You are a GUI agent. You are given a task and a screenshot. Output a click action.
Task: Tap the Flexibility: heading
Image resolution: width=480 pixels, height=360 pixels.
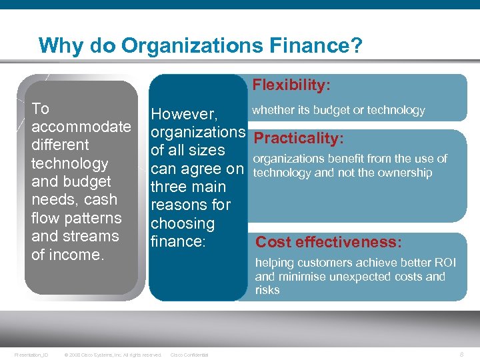pyautogui.click(x=291, y=85)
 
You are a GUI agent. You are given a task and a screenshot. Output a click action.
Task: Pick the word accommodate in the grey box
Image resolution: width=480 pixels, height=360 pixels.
pyautogui.click(x=81, y=127)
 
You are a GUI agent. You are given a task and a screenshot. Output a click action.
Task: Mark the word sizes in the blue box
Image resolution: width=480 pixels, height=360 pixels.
pyautogui.click(x=205, y=150)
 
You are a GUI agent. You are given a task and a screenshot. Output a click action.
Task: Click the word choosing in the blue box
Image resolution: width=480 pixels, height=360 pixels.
pyautogui.click(x=183, y=223)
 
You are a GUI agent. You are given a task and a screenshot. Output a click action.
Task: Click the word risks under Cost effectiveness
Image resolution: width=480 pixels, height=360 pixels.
pyautogui.click(x=267, y=290)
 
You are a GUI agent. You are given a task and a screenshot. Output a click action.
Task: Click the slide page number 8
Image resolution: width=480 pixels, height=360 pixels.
pyautogui.click(x=463, y=354)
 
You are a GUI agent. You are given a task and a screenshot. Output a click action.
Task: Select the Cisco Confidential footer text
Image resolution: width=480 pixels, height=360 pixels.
pyautogui.click(x=189, y=355)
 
